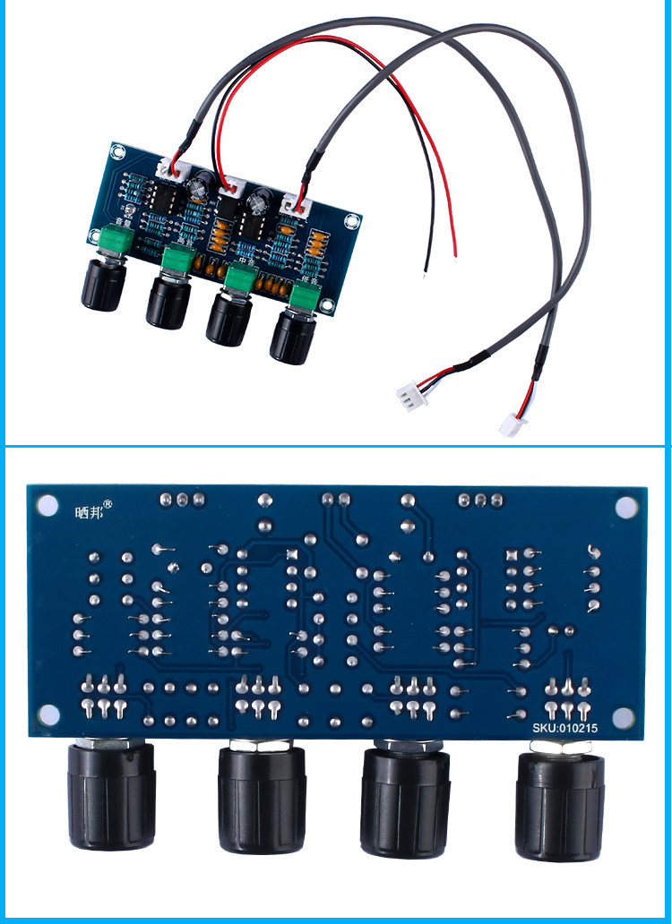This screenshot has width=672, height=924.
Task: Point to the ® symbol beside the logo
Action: [108, 504]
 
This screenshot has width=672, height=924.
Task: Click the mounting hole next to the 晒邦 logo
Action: [45, 507]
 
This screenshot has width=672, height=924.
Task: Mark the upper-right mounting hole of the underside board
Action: [624, 507]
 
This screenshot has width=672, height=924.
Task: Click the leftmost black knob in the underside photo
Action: [110, 797]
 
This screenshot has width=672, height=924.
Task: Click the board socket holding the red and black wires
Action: [231, 184]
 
